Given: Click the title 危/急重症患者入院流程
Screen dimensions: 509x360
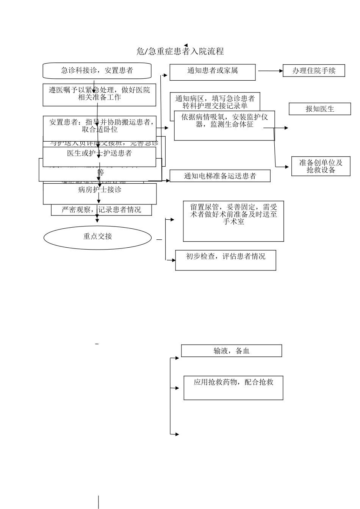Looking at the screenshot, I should click(x=180, y=51).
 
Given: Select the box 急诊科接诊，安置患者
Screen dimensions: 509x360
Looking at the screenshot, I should click(x=97, y=70).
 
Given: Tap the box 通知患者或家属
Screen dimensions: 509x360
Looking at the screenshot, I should click(x=212, y=72).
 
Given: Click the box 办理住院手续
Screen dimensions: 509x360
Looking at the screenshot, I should click(x=314, y=70).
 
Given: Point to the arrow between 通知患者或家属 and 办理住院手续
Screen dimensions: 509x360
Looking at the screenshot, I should click(x=270, y=71).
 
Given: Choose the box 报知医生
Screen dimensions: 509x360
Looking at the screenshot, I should click(x=320, y=109).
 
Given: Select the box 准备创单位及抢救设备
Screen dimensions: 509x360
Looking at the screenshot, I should click(x=321, y=166).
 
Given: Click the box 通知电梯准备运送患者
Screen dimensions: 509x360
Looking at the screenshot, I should click(x=220, y=176).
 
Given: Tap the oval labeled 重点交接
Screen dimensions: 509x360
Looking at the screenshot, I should click(x=97, y=237).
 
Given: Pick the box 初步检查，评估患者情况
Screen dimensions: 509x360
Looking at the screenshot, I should click(x=225, y=260).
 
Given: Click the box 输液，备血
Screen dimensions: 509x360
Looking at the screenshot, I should click(x=231, y=351).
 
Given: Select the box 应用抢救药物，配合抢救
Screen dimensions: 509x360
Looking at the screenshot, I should click(x=233, y=387).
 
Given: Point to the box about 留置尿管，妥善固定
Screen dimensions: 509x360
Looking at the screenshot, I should click(x=233, y=222).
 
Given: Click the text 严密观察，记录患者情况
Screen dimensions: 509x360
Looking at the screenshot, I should click(x=101, y=210).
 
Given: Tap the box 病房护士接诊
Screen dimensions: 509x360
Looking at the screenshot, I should click(x=100, y=194).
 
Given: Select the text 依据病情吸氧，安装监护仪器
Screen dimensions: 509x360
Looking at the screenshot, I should click(x=224, y=121).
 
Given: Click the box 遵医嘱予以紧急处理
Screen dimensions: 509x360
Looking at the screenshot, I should click(x=99, y=95).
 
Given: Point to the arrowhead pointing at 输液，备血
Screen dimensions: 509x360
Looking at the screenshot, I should click(x=177, y=358).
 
